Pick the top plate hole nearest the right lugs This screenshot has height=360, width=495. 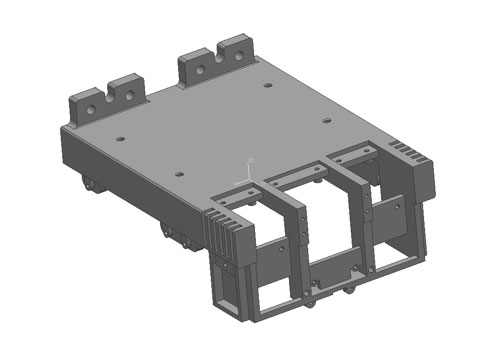tap(267, 85)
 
